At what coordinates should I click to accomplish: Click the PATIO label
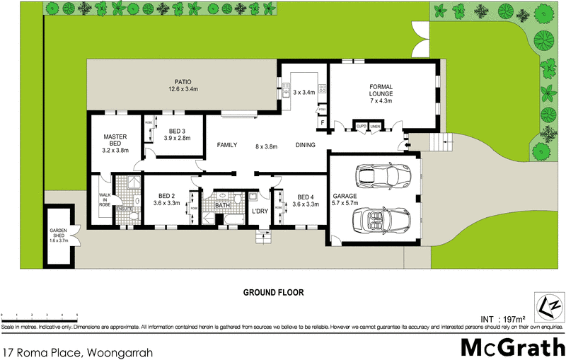180,81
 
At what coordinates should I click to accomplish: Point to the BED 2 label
167,196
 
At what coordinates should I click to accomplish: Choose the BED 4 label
305,197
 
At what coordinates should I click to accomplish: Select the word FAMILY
226,145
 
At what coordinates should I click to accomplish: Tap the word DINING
305,146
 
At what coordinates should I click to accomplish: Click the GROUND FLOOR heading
273,291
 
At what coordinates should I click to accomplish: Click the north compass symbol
549,308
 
